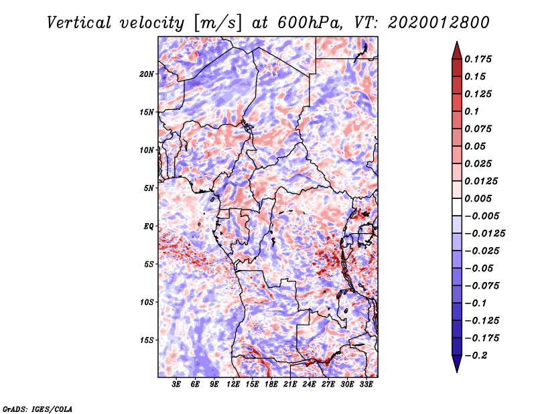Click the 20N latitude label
147,74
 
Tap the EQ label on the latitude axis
149,226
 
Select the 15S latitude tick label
147,340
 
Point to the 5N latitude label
149,188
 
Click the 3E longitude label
176,384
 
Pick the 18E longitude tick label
271,384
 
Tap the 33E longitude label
366,384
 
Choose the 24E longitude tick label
309,384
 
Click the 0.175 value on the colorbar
478,59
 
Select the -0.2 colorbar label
476,356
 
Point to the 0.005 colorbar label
478,198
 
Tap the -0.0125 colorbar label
484,234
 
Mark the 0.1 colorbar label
472,111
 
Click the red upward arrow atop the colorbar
457,50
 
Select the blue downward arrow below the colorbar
457,364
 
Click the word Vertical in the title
79,23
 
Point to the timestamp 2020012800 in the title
439,23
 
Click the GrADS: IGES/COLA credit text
38,409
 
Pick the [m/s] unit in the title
218,23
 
